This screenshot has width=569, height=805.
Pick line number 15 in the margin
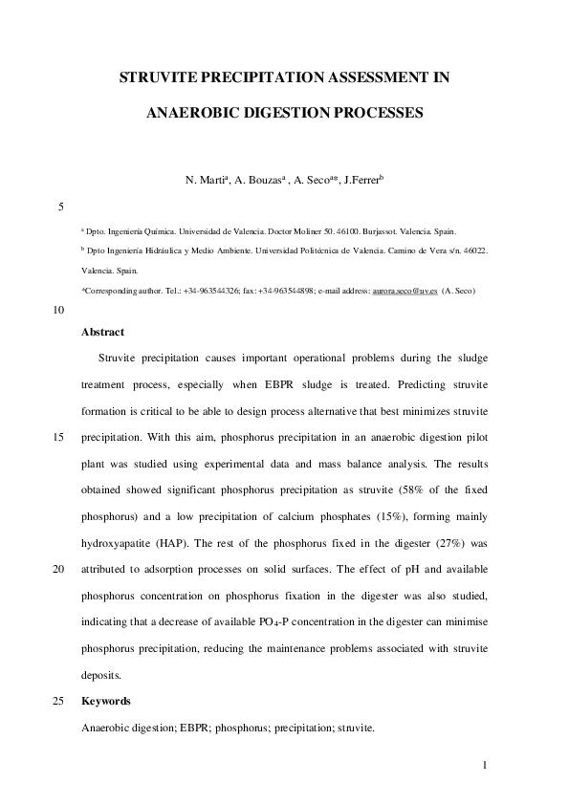point(58,439)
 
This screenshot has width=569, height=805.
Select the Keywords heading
point(106,701)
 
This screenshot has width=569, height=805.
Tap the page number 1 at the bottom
point(485,765)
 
